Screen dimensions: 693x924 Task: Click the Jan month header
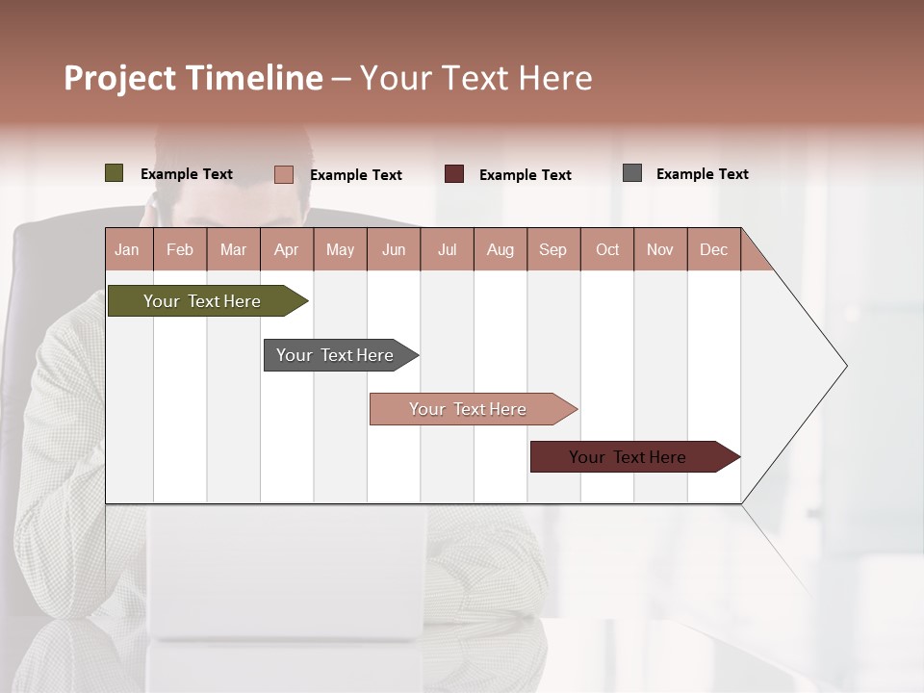point(128,249)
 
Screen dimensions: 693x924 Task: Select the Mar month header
point(233,249)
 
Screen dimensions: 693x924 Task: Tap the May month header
point(340,249)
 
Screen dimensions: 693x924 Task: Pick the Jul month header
point(447,249)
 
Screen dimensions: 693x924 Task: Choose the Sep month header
point(552,249)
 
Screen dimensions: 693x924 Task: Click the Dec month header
point(713,249)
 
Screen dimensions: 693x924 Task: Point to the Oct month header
point(607,249)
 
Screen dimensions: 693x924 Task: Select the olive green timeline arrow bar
point(203,301)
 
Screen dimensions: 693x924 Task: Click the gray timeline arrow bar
point(336,355)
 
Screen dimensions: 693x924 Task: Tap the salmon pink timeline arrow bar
point(469,409)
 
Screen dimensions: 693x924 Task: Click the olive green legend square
point(115,173)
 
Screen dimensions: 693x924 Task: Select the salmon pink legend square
point(284,174)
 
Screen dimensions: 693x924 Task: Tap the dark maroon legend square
point(454,174)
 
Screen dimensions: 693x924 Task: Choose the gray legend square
point(632,173)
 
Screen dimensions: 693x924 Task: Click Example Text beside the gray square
point(702,174)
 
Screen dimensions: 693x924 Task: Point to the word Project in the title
point(120,78)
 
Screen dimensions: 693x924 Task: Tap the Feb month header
point(180,249)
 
